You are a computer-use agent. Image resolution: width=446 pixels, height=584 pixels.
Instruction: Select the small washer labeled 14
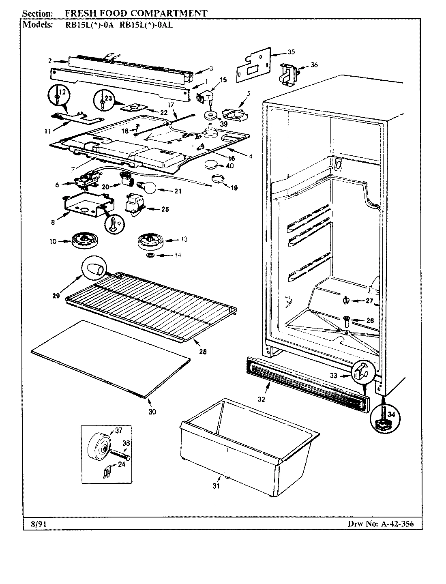150,255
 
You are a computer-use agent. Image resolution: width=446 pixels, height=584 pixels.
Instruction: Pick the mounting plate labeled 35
253,65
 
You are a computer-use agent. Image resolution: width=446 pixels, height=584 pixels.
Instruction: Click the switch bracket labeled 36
288,73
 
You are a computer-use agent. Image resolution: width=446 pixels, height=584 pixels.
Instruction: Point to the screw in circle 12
58,98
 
